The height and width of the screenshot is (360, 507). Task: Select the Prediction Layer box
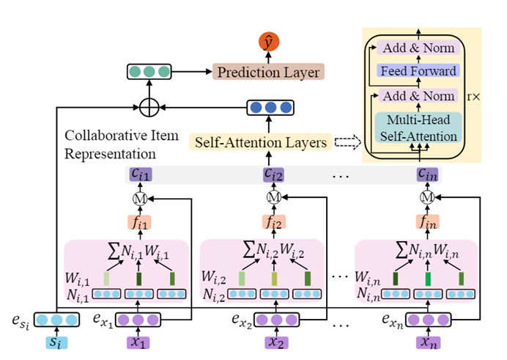click(x=267, y=73)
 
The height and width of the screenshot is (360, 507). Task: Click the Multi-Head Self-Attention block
click(x=418, y=127)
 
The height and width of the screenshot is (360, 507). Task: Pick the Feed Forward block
click(x=418, y=71)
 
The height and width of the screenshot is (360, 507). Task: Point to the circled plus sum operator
click(x=149, y=109)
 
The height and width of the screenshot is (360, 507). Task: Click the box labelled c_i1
click(x=140, y=175)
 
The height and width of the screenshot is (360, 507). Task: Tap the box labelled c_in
click(x=427, y=175)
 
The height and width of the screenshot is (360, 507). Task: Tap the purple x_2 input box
click(x=275, y=342)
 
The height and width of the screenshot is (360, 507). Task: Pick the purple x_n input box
click(x=426, y=342)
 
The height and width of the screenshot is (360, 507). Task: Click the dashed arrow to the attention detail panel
click(x=347, y=142)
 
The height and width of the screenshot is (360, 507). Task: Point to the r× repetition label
click(x=473, y=96)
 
